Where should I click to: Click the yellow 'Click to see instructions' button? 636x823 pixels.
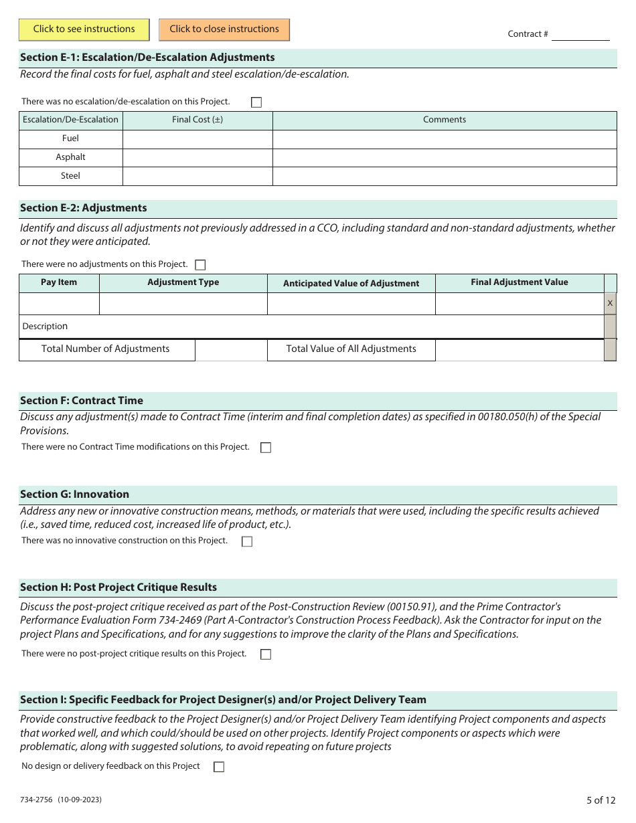coord(84,29)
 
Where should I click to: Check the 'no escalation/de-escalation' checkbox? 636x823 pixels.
coord(256,102)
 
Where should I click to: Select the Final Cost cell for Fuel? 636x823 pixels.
coord(197,139)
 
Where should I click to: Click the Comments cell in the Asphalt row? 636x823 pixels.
coord(445,157)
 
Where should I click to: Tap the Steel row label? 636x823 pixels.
coord(70,176)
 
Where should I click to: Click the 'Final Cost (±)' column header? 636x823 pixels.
coord(197,120)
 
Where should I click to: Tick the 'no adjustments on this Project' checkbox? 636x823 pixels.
coord(200,265)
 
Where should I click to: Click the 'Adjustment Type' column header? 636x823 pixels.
coord(183,282)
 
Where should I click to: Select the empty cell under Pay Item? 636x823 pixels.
coord(59,304)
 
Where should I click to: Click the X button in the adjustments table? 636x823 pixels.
coord(610,304)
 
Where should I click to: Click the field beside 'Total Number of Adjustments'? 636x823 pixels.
coord(231,349)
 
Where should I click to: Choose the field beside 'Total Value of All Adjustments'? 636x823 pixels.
coord(519,349)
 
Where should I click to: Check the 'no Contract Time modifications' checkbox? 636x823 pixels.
coord(266,448)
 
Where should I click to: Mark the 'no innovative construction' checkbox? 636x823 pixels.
coord(247,541)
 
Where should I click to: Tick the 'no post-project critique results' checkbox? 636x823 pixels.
coord(266,654)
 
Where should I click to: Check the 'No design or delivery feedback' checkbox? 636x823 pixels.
coord(219,767)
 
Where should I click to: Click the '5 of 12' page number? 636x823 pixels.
coord(601,800)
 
